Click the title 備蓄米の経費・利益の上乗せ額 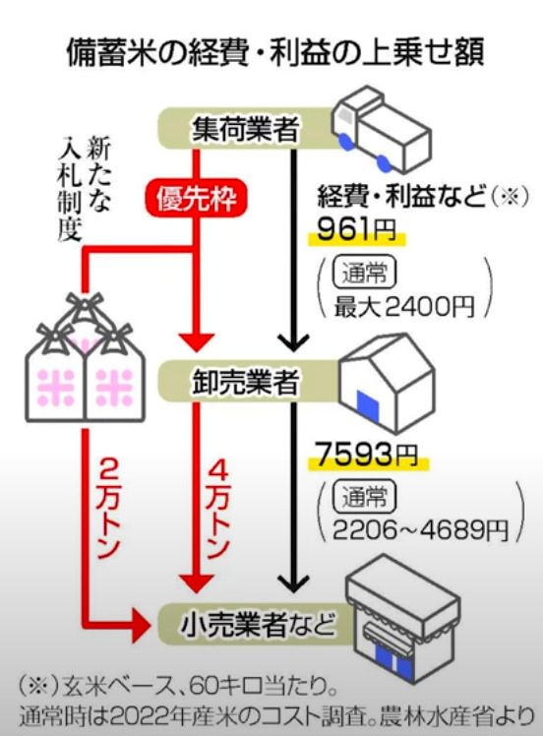point(275,52)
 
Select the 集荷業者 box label point(246,129)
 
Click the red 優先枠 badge point(196,199)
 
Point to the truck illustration point(381,131)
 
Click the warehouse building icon point(387,383)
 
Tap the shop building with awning point(402,619)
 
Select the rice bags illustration point(85,358)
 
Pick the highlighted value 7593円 point(367,455)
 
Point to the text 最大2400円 point(403,307)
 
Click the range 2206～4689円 point(420,530)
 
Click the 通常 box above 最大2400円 point(364,273)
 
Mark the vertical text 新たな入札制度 point(85,189)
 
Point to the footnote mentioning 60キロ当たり point(179,689)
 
